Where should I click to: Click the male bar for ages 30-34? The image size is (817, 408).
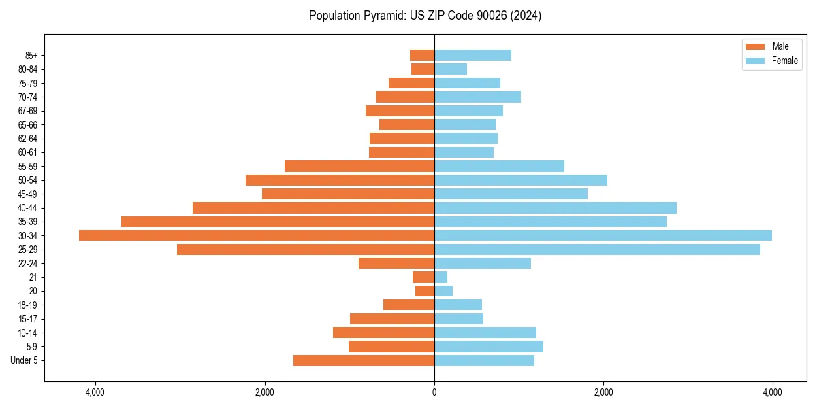[257, 235]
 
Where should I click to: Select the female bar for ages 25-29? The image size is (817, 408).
[597, 250]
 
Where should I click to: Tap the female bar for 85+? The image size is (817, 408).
[472, 55]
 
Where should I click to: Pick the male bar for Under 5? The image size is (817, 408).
[364, 360]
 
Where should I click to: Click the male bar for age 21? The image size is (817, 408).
[423, 277]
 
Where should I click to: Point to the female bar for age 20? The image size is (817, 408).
[443, 291]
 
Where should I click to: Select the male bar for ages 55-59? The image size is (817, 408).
[359, 166]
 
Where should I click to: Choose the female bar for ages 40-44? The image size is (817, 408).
[556, 207]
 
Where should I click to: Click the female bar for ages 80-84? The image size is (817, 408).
[451, 69]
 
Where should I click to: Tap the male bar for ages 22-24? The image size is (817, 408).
[396, 263]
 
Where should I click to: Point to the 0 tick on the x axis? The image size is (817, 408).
[434, 392]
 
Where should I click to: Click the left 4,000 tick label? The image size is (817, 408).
[95, 392]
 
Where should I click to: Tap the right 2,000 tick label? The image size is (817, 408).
[603, 392]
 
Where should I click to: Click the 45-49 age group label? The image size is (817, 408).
[27, 194]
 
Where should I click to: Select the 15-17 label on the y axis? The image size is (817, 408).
[27, 319]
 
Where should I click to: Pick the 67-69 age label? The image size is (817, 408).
[27, 111]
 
